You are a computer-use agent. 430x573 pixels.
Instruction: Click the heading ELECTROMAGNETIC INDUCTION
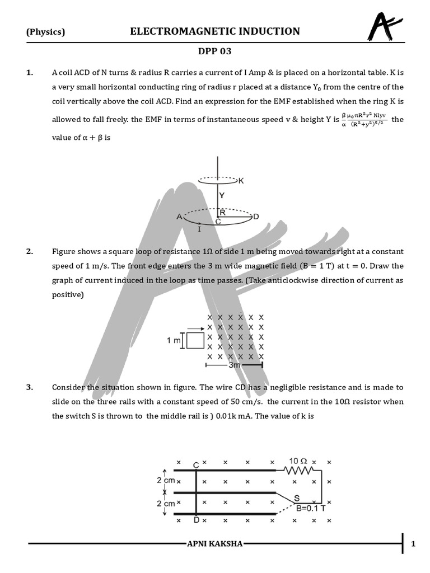pyautogui.click(x=215, y=31)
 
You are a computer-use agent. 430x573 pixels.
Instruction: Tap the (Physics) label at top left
pyautogui.click(x=46, y=32)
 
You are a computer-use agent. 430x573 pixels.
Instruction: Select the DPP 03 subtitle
pyautogui.click(x=214, y=51)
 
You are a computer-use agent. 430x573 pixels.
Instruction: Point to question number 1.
pyautogui.click(x=30, y=73)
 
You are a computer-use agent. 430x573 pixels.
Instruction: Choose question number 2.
pyautogui.click(x=30, y=252)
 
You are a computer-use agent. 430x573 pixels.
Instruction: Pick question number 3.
pyautogui.click(x=30, y=387)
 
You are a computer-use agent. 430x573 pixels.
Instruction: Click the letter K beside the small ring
pyautogui.click(x=241, y=181)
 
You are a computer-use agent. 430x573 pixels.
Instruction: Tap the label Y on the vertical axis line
pyautogui.click(x=222, y=196)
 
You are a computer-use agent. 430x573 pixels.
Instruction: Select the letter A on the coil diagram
pyautogui.click(x=179, y=217)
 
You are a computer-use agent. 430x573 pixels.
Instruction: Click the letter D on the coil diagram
pyautogui.click(x=256, y=217)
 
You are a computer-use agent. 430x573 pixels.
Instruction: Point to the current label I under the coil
pyautogui.click(x=199, y=229)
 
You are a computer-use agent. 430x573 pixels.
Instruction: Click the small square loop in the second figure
pyautogui.click(x=195, y=340)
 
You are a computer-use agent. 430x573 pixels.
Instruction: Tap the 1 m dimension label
pyautogui.click(x=174, y=340)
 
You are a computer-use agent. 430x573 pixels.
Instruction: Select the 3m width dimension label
pyautogui.click(x=234, y=365)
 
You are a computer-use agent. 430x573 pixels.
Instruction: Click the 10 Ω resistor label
pyautogui.click(x=297, y=461)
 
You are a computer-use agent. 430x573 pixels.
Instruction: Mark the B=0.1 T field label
pyautogui.click(x=311, y=508)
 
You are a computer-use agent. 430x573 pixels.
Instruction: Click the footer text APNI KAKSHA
pyautogui.click(x=215, y=544)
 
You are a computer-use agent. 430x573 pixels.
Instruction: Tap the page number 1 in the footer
pyautogui.click(x=413, y=544)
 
